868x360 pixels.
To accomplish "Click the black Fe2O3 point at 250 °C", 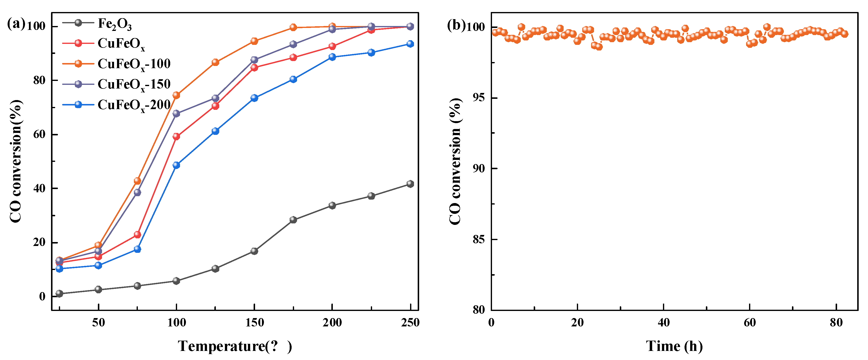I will [x=410, y=184].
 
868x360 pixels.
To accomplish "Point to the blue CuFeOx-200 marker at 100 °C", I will [x=176, y=165].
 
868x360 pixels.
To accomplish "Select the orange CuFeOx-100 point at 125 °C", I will [x=215, y=62].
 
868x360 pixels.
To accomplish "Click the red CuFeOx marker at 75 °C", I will [x=137, y=234].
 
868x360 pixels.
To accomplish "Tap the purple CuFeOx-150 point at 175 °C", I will [x=293, y=44].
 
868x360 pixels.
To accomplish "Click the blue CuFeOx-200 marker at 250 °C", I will [x=410, y=44].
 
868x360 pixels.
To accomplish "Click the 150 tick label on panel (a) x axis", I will [x=254, y=323].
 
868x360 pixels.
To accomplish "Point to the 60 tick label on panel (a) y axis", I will [x=39, y=134].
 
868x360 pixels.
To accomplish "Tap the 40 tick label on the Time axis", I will [x=663, y=323].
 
